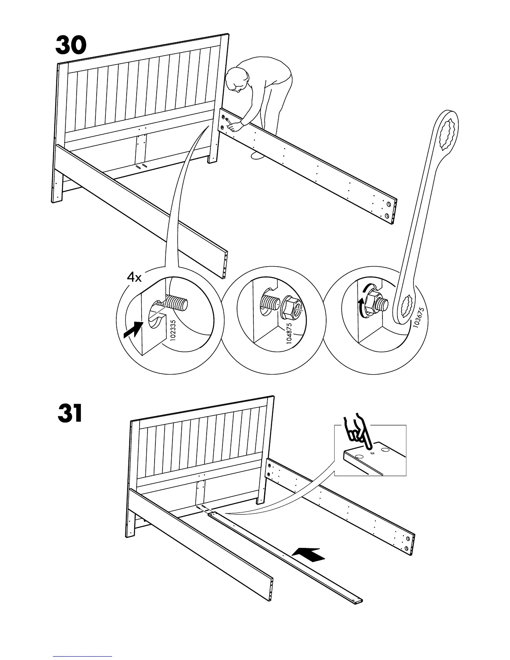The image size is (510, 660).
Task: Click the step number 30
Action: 71,46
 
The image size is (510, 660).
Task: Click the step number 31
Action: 70,414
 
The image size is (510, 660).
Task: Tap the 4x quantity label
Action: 134,277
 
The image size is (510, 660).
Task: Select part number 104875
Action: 289,332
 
